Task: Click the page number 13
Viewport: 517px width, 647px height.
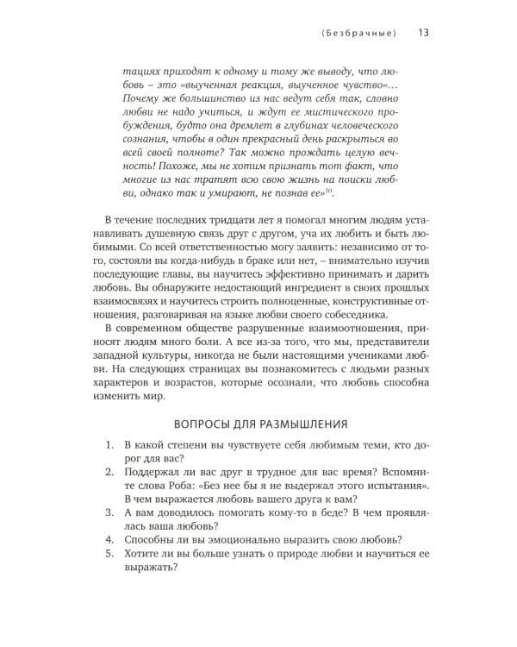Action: [x=424, y=34]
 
